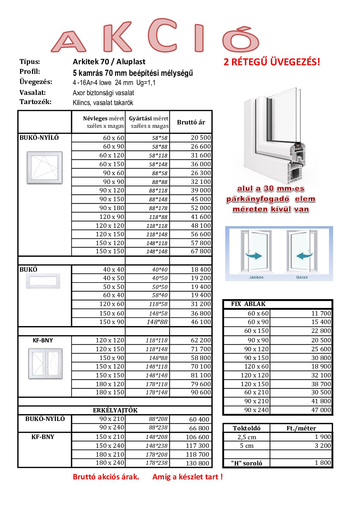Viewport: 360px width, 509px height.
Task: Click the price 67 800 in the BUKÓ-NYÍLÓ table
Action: pos(201,251)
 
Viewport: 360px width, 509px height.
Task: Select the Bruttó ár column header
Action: pos(191,122)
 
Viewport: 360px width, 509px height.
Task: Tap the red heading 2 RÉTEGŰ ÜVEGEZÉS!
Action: pos(272,62)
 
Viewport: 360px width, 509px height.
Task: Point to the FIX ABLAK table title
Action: pos(248,304)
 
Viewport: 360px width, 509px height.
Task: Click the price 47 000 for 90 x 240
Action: pos(321,410)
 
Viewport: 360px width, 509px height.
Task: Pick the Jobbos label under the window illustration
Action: pos(256,277)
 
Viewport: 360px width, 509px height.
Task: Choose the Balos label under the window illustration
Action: pos(302,277)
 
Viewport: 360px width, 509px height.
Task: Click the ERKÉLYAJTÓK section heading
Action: pos(115,410)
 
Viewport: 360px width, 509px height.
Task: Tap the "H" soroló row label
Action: pos(246,463)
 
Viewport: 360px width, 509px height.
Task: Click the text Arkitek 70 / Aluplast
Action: pos(109,62)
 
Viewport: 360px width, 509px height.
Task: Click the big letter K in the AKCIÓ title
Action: pos(117,37)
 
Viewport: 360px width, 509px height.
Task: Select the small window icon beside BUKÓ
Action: pos(45,281)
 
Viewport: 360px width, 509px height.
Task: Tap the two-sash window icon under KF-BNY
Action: pos(45,363)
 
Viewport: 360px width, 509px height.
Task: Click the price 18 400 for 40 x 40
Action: pos(201,270)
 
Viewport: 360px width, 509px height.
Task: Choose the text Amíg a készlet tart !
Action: pos(187,477)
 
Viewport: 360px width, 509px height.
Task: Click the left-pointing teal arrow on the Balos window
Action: pos(304,256)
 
